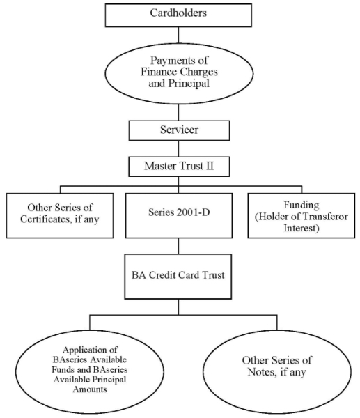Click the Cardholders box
pos(178,15)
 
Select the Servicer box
pos(179,130)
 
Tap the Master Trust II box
pos(179,167)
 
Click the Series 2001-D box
pos(179,215)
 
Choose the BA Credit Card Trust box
pos(178,276)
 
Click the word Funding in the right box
pos(302,206)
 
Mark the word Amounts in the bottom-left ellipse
pos(90,389)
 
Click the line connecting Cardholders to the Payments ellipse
pos(178,35)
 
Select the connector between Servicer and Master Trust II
pos(178,148)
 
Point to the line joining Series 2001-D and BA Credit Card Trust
pos(178,246)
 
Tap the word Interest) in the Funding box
pos(302,229)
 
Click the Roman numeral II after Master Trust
pos(210,166)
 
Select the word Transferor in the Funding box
pos(325,217)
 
